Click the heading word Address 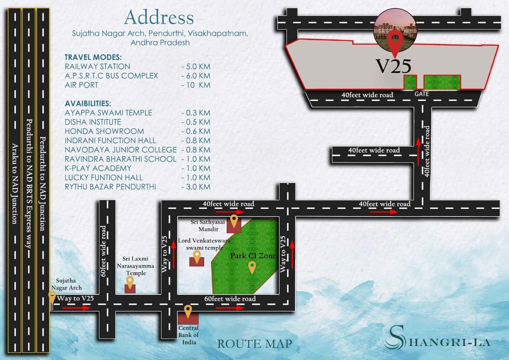pos(159,18)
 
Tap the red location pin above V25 pos(395,41)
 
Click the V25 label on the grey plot pos(393,66)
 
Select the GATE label pos(422,94)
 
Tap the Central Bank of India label pos(188,335)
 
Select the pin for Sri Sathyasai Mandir pos(234,220)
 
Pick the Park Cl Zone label pos(253,256)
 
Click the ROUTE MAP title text pos(254,344)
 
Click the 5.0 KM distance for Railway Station pos(196,67)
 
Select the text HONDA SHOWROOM pos(104,131)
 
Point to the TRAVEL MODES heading pos(93,57)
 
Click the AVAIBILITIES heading pos(88,103)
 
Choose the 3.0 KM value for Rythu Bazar pos(196,187)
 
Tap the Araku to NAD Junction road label pos(14,184)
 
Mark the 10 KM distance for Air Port pos(196,85)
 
